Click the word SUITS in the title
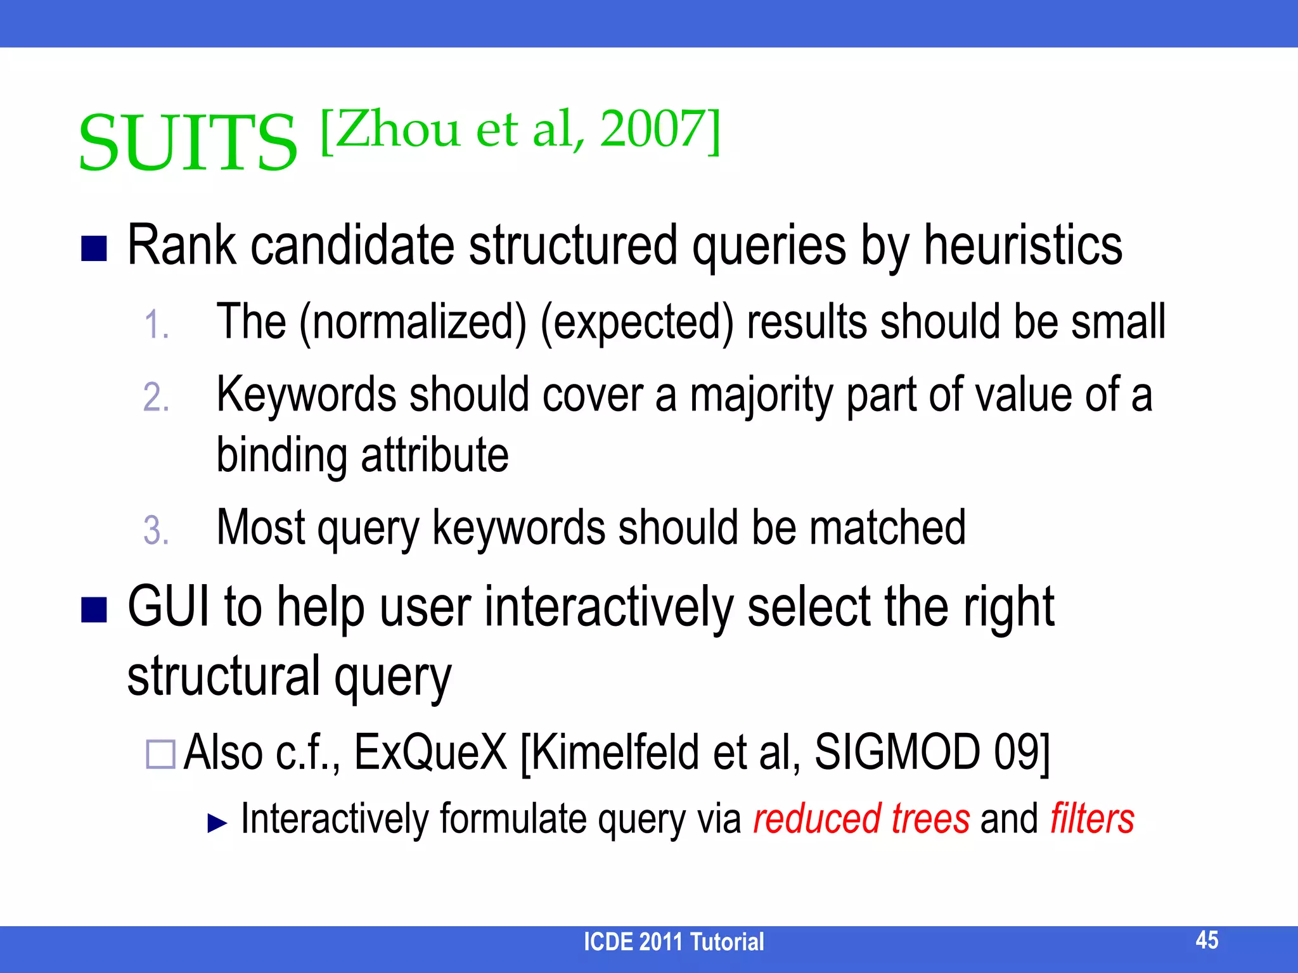coord(188,143)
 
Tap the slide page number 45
coord(1207,939)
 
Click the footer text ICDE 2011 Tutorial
coord(674,942)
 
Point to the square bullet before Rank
coord(94,249)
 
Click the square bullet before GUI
coord(94,611)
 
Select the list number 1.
coord(156,325)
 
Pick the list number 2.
coord(156,398)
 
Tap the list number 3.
coord(156,530)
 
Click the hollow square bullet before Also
coord(160,754)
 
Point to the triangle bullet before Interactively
coord(217,823)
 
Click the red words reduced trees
coord(861,818)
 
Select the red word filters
coord(1091,818)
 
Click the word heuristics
coord(1023,246)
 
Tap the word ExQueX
coord(430,753)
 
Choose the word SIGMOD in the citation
coord(896,753)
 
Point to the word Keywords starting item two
coord(307,395)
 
